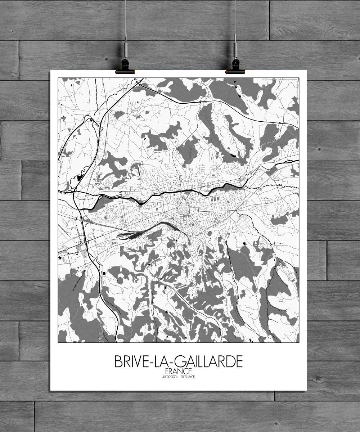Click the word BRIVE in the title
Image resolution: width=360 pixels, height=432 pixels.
(x=130, y=361)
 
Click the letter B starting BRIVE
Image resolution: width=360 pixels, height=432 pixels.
(x=118, y=361)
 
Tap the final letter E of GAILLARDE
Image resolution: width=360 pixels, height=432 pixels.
(x=239, y=361)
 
